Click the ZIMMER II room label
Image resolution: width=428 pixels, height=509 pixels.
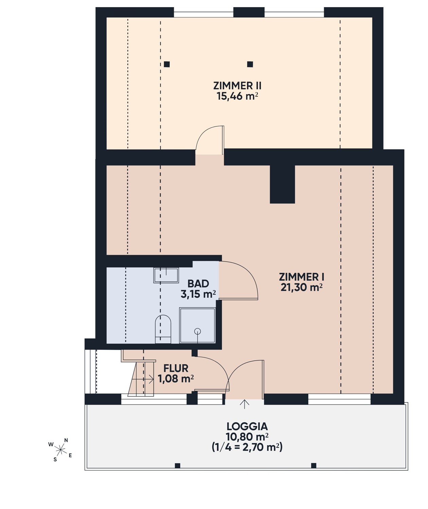[x=237, y=86]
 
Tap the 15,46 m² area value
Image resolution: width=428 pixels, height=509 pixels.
[x=237, y=96]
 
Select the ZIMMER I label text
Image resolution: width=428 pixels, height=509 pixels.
[x=302, y=277]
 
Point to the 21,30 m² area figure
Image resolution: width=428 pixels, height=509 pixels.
[x=302, y=287]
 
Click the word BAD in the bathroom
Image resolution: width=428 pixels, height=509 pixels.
[x=198, y=283]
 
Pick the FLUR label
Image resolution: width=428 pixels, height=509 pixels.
[x=176, y=368]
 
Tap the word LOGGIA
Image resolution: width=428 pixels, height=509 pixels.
[x=247, y=426]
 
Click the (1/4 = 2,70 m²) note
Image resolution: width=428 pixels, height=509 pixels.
[x=247, y=447]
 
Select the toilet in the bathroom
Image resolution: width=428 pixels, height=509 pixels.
[x=163, y=329]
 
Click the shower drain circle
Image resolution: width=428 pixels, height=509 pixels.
[x=197, y=331]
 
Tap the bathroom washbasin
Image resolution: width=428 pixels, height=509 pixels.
[x=166, y=275]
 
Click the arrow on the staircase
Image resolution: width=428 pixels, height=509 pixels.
[x=143, y=379]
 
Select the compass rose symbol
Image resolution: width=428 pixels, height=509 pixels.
[x=60, y=449]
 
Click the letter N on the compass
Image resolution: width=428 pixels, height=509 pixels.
[x=66, y=440]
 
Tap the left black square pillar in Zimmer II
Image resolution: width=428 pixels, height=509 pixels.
[x=167, y=64]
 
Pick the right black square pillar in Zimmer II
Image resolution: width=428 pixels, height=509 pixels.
[x=250, y=64]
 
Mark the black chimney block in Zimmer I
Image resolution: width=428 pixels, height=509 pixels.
[x=282, y=184]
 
